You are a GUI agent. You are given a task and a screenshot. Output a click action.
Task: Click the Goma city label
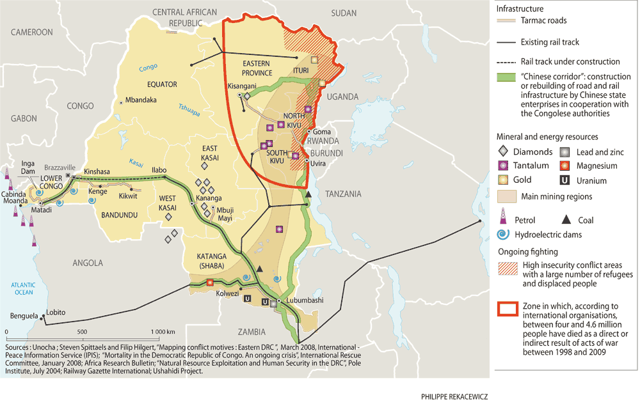(x=323, y=132)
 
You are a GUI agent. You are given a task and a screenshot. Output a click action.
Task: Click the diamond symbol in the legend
(x=503, y=152)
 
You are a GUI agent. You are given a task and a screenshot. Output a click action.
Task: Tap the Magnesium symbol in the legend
(x=565, y=166)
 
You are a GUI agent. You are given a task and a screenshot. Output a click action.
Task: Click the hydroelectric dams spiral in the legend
(x=503, y=235)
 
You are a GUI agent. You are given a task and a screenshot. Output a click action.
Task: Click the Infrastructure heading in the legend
(x=520, y=9)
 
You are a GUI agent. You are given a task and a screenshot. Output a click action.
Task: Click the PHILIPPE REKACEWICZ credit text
(x=455, y=396)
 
